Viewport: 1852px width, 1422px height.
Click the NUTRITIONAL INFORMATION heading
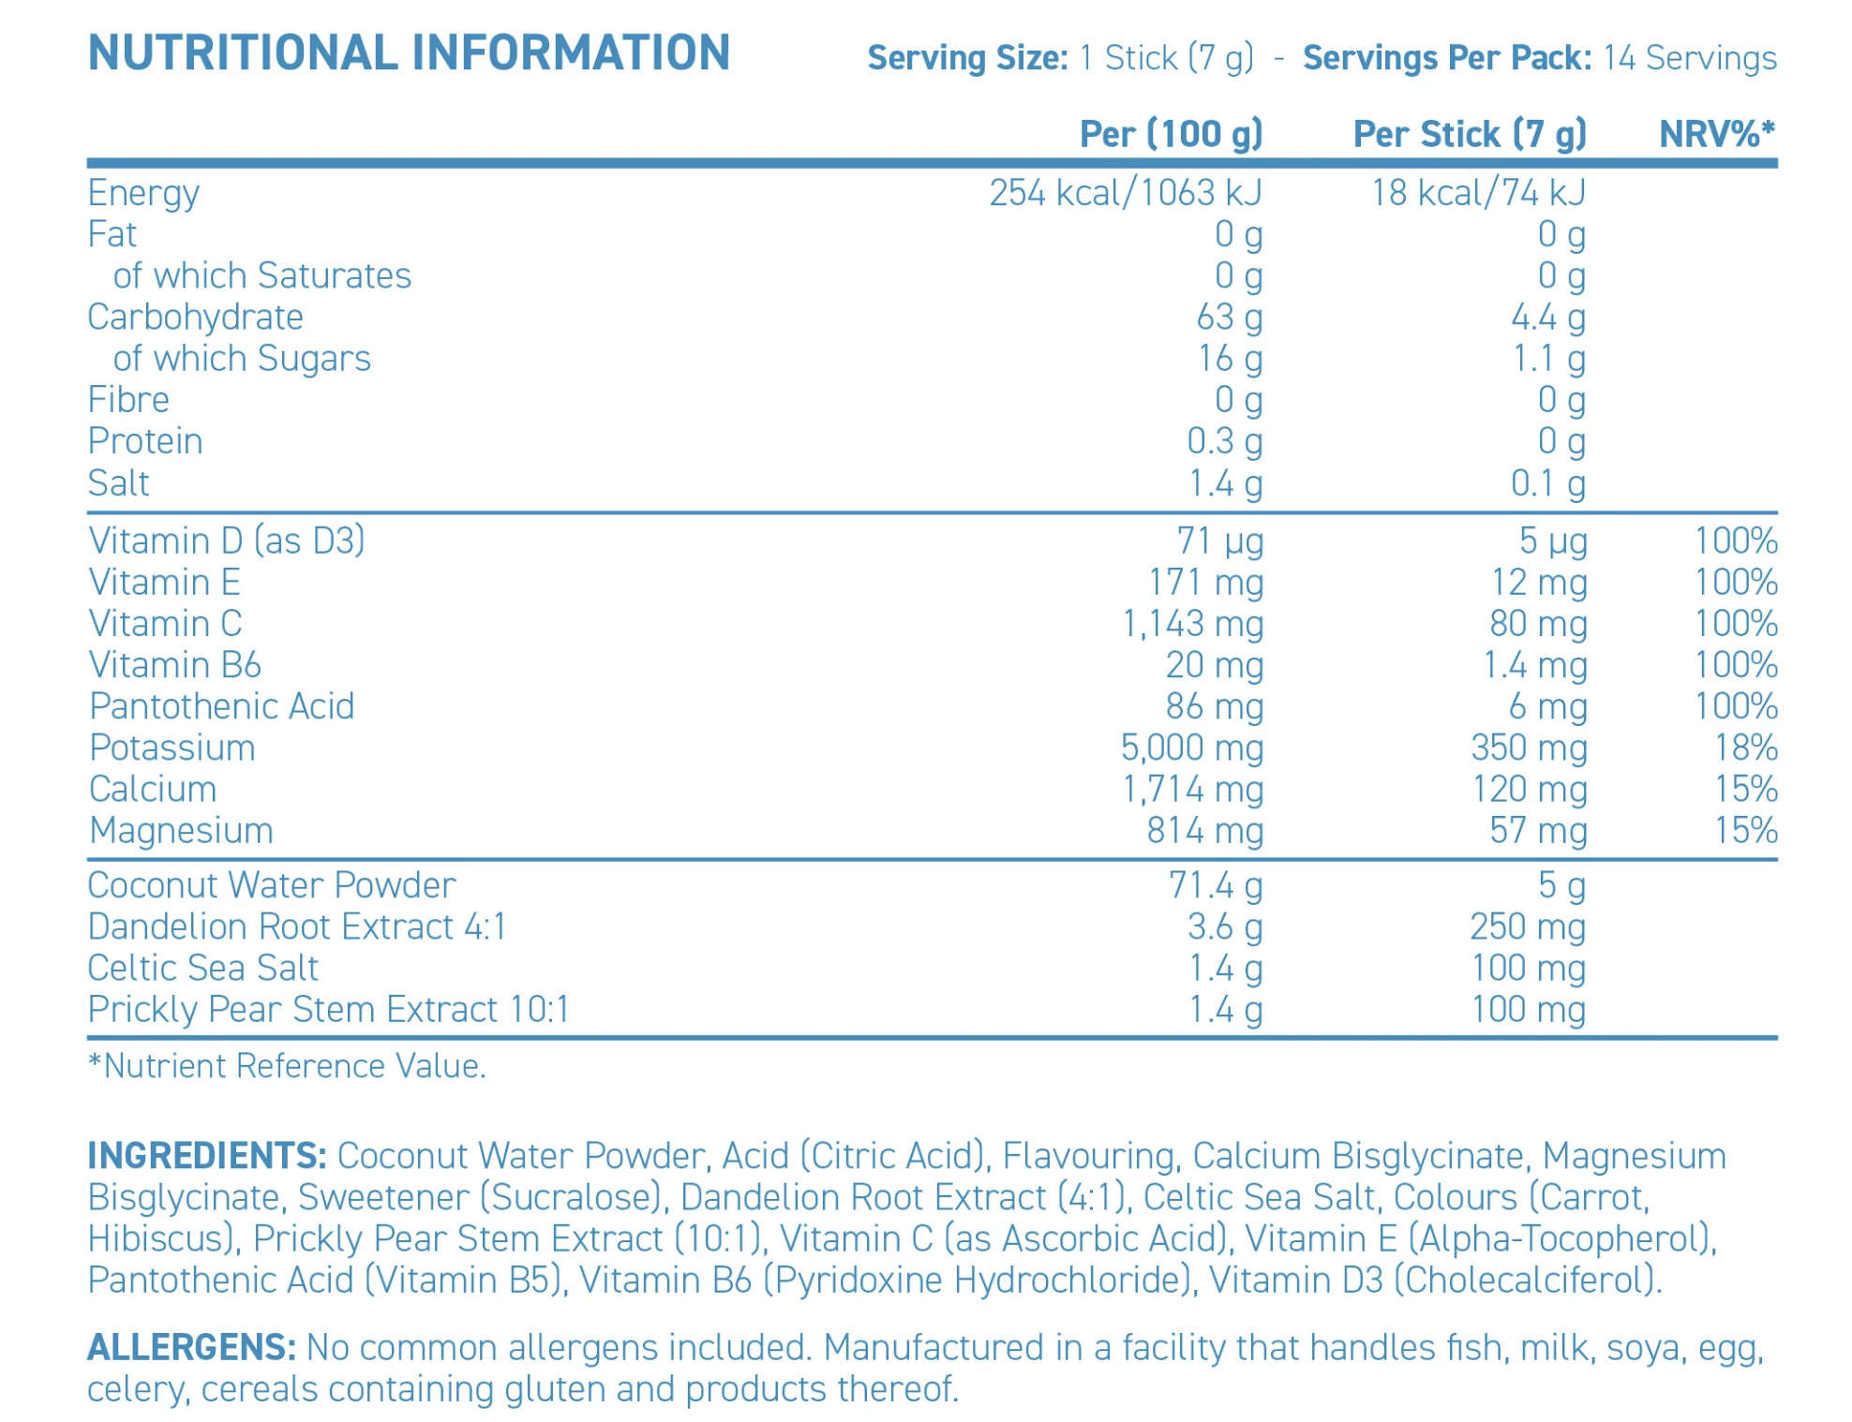point(409,52)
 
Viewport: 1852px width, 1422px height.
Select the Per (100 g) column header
point(1171,134)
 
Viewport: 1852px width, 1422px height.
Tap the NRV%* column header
point(1717,134)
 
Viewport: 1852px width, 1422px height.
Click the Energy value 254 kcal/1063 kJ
point(1126,193)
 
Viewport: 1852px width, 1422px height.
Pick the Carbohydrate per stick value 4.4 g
point(1547,318)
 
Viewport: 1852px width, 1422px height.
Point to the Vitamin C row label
point(165,624)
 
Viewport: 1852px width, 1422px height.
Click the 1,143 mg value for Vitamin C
point(1192,624)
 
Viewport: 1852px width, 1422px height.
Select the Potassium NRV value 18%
point(1745,748)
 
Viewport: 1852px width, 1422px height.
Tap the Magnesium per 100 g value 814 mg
point(1204,831)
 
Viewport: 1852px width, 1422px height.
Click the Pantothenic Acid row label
point(222,706)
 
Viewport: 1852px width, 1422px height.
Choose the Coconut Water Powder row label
point(272,885)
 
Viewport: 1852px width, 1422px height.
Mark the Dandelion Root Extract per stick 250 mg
point(1528,927)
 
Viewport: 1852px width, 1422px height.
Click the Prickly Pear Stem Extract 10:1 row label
point(329,1010)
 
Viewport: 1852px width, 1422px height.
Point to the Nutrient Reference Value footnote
point(287,1066)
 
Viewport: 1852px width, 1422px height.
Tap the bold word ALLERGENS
point(192,1348)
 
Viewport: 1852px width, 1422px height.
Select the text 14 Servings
point(1689,58)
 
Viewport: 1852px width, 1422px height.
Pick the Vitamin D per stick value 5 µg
point(1553,541)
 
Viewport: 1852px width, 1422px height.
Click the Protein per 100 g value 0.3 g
point(1224,441)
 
